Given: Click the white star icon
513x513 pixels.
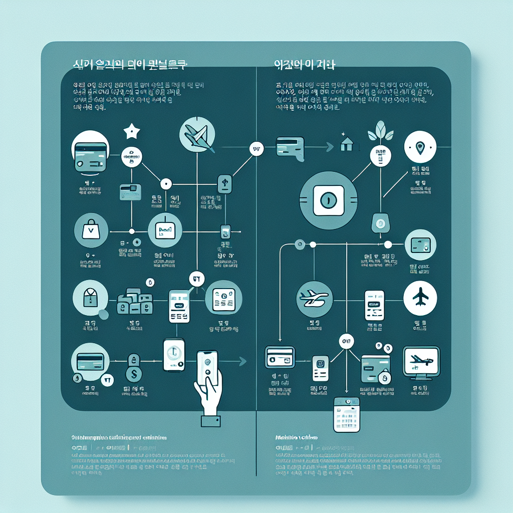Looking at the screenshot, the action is click(x=132, y=132).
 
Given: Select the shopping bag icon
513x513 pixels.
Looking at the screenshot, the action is click(x=91, y=231).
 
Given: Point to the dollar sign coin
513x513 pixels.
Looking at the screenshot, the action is click(x=134, y=373).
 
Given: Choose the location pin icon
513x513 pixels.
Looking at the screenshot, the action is click(x=420, y=147).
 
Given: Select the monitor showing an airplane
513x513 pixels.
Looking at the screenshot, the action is click(x=421, y=361).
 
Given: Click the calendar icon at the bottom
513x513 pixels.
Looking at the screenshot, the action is click(x=346, y=415).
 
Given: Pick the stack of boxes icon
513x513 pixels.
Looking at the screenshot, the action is click(x=134, y=302).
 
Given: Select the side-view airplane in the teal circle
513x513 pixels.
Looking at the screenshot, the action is click(x=314, y=298).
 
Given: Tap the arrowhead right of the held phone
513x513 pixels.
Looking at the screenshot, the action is click(x=243, y=361).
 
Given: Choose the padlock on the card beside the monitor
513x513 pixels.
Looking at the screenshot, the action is click(x=384, y=376).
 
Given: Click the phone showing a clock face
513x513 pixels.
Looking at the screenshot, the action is click(x=174, y=355).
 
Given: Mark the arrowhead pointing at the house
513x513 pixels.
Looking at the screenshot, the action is click(x=329, y=147).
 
